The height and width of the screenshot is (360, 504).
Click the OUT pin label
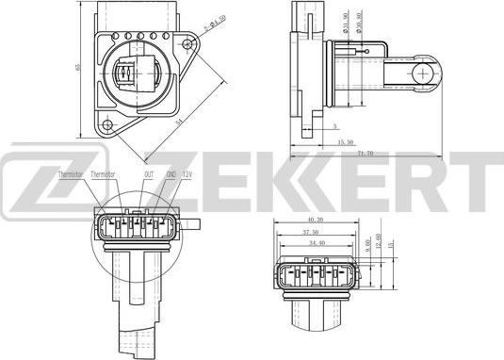point(149,174)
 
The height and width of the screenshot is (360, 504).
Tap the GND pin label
point(171,174)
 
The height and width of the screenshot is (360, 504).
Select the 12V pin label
point(188,174)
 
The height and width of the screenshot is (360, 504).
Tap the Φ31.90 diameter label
point(348,25)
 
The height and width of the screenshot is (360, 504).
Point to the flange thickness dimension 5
point(334,125)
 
